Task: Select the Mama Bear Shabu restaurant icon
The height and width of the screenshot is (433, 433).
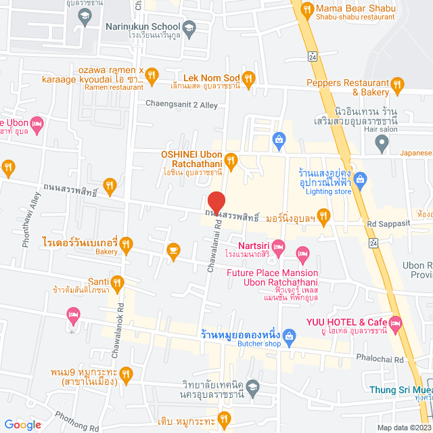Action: (306, 9)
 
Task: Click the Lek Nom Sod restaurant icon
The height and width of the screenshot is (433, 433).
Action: (248, 78)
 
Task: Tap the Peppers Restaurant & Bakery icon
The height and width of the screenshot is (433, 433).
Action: (397, 85)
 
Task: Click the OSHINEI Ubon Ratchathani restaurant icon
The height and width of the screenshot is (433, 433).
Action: (231, 160)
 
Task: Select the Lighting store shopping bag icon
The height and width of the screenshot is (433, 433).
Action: (360, 179)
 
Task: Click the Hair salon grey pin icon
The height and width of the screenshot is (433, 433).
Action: (382, 143)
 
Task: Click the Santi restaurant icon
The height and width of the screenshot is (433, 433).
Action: (118, 281)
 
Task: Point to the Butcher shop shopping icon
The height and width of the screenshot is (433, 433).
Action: (289, 335)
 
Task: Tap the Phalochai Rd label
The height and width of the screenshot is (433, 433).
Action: (386, 359)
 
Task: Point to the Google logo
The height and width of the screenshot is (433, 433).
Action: (23, 425)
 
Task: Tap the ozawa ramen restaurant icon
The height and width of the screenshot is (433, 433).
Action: (152, 74)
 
